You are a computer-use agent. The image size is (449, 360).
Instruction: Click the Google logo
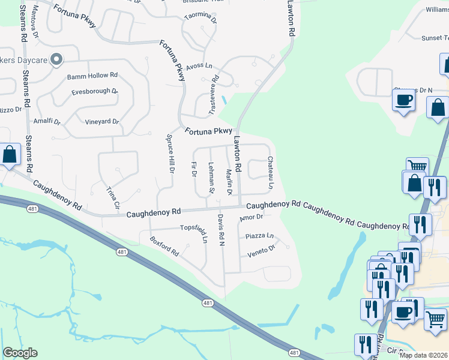20,353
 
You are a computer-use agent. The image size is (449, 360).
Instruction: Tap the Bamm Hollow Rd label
92,76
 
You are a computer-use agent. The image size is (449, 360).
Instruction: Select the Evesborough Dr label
94,91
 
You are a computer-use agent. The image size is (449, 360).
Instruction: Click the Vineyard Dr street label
102,122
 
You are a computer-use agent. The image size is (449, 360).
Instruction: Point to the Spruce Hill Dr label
170,153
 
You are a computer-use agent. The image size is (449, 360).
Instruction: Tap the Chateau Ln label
271,173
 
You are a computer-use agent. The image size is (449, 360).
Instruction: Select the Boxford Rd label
165,245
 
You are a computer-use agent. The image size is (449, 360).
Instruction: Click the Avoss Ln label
199,66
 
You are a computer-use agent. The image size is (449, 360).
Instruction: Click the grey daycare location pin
56,59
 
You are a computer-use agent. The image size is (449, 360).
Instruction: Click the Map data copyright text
423,355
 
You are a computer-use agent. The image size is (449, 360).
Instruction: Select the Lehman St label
211,178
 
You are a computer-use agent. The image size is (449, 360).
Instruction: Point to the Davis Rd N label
221,230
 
